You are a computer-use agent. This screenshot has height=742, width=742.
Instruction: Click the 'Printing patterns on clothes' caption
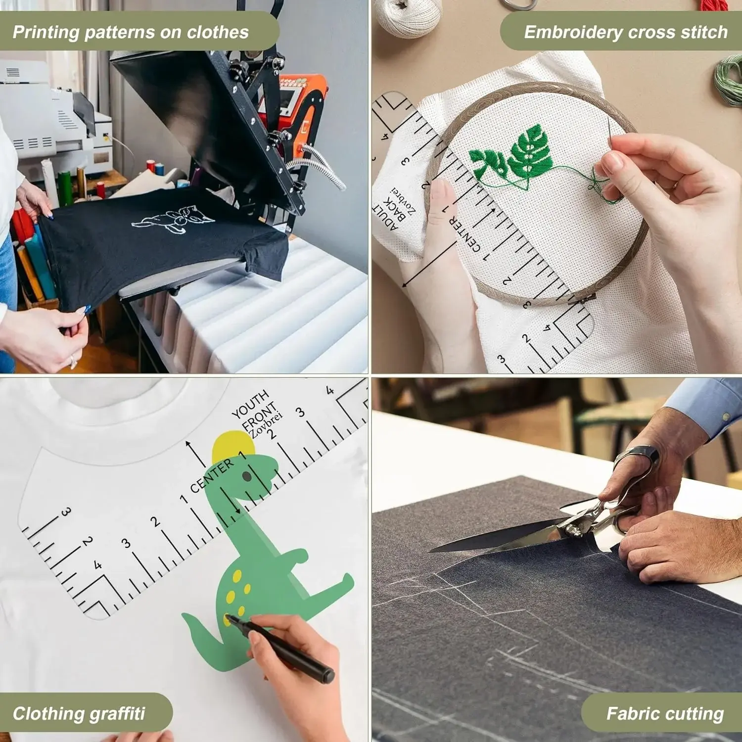click(131, 32)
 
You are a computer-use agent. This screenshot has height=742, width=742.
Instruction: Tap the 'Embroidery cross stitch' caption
click(626, 32)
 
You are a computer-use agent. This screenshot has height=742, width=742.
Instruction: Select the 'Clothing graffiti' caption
click(79, 713)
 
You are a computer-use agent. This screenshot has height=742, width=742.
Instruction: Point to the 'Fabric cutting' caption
click(665, 713)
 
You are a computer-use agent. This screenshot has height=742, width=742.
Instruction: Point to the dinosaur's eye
click(247, 476)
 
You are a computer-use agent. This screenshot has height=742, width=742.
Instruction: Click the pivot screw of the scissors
click(573, 530)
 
